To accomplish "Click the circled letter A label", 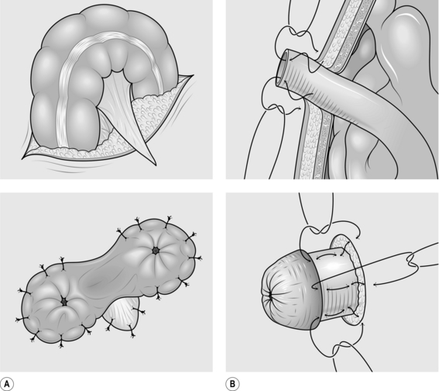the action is coord(7,384).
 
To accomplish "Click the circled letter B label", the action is coord(232,384).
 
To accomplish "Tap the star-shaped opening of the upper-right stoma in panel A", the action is coord(155,251).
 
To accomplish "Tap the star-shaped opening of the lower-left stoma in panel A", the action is coord(64,302).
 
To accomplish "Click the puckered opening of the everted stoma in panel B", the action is coord(270,295).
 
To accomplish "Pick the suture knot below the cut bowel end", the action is coord(275,108).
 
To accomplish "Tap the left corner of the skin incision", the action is coord(23,159).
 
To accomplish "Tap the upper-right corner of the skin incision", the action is coord(193,75).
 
